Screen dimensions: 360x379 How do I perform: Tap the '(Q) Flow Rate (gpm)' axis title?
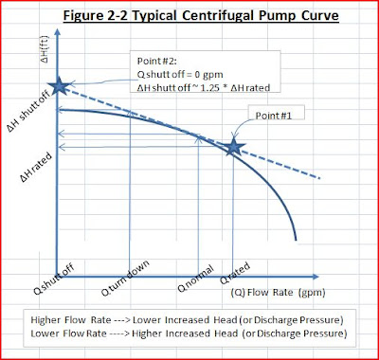254,294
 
